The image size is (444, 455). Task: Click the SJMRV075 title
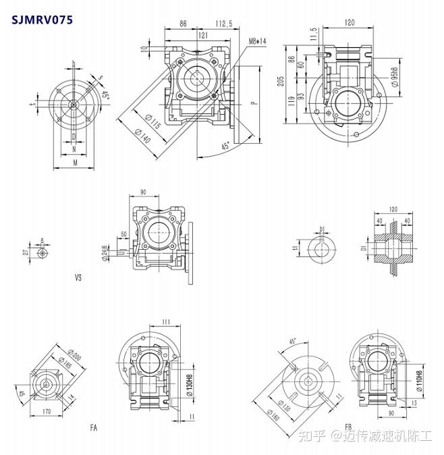coord(41,19)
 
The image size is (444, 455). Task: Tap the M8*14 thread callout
coord(257,41)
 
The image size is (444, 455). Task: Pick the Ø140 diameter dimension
coord(143,135)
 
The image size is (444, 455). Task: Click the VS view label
coord(78,277)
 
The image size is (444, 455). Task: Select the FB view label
coord(348,427)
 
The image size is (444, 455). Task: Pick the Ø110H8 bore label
coord(419,383)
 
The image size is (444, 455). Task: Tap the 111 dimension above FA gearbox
coord(166,323)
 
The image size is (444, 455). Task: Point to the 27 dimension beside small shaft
coord(26,252)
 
